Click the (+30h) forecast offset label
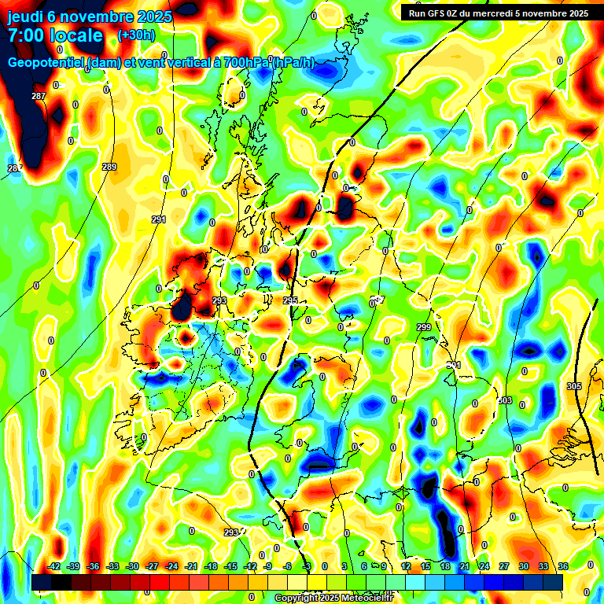pyautogui.click(x=136, y=35)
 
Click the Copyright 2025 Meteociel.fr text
pyautogui.click(x=333, y=598)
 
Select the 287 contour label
pyautogui.click(x=39, y=96)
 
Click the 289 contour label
pyautogui.click(x=109, y=167)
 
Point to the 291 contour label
pyautogui.click(x=159, y=219)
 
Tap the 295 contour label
pyautogui.click(x=290, y=300)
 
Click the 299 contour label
pyautogui.click(x=424, y=327)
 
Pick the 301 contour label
pyautogui.click(x=454, y=366)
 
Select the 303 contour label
pyautogui.click(x=505, y=401)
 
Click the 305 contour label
pyautogui.click(x=573, y=385)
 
